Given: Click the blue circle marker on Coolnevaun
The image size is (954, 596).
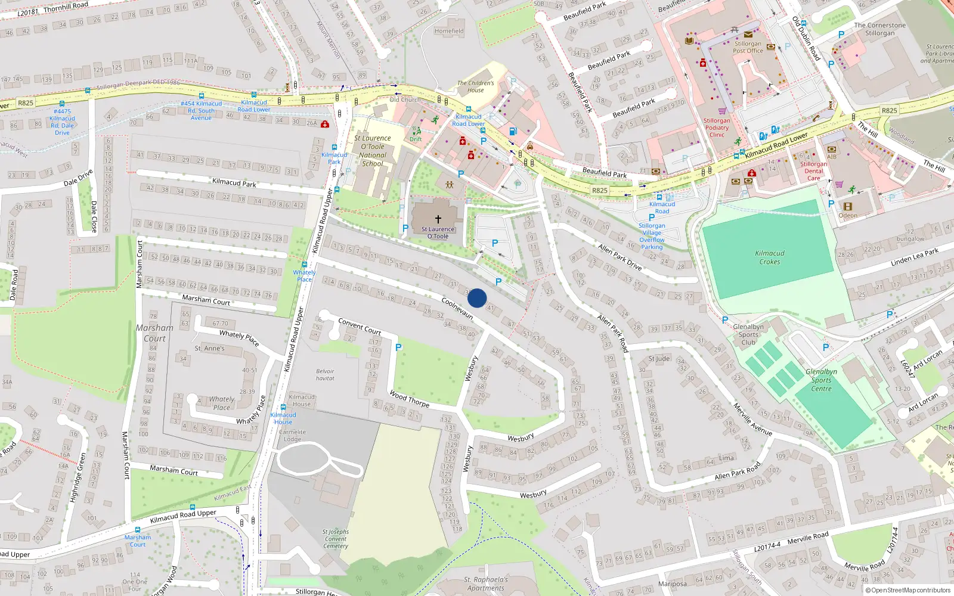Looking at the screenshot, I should tap(477, 298).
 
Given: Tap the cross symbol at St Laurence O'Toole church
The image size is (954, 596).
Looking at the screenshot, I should tap(438, 219).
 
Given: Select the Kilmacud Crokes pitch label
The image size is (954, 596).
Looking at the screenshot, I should tap(769, 257).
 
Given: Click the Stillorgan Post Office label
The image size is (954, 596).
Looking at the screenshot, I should tap(748, 47).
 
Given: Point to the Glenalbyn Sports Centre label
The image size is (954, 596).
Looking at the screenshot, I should tap(821, 380).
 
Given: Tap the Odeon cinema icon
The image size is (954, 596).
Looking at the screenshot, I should tap(848, 207).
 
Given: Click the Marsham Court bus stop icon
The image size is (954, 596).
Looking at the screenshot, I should tap(138, 529).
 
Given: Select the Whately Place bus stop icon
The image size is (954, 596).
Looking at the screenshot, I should tap(304, 265).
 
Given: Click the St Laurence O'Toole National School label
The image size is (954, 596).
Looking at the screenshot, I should tap(373, 151).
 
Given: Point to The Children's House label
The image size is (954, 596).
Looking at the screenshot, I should tap(475, 86).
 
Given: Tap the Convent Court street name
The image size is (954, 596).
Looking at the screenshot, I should tap(360, 326).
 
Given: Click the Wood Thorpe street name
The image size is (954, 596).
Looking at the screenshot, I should tap(409, 398).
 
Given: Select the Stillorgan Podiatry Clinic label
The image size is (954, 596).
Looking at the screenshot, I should tap(717, 128).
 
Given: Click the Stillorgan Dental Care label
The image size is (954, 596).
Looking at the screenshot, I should tap(813, 170).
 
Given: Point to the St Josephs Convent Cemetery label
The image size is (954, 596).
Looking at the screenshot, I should tap(336, 539).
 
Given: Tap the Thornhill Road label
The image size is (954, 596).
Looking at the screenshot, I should tap(66, 7).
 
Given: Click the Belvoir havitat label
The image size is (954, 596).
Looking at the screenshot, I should tap(325, 374).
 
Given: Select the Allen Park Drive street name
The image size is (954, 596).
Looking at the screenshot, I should tap(620, 257).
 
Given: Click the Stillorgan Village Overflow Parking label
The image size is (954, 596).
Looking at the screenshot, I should tap(652, 236).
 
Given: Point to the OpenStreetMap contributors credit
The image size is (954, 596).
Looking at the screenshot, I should tap(910, 590).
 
